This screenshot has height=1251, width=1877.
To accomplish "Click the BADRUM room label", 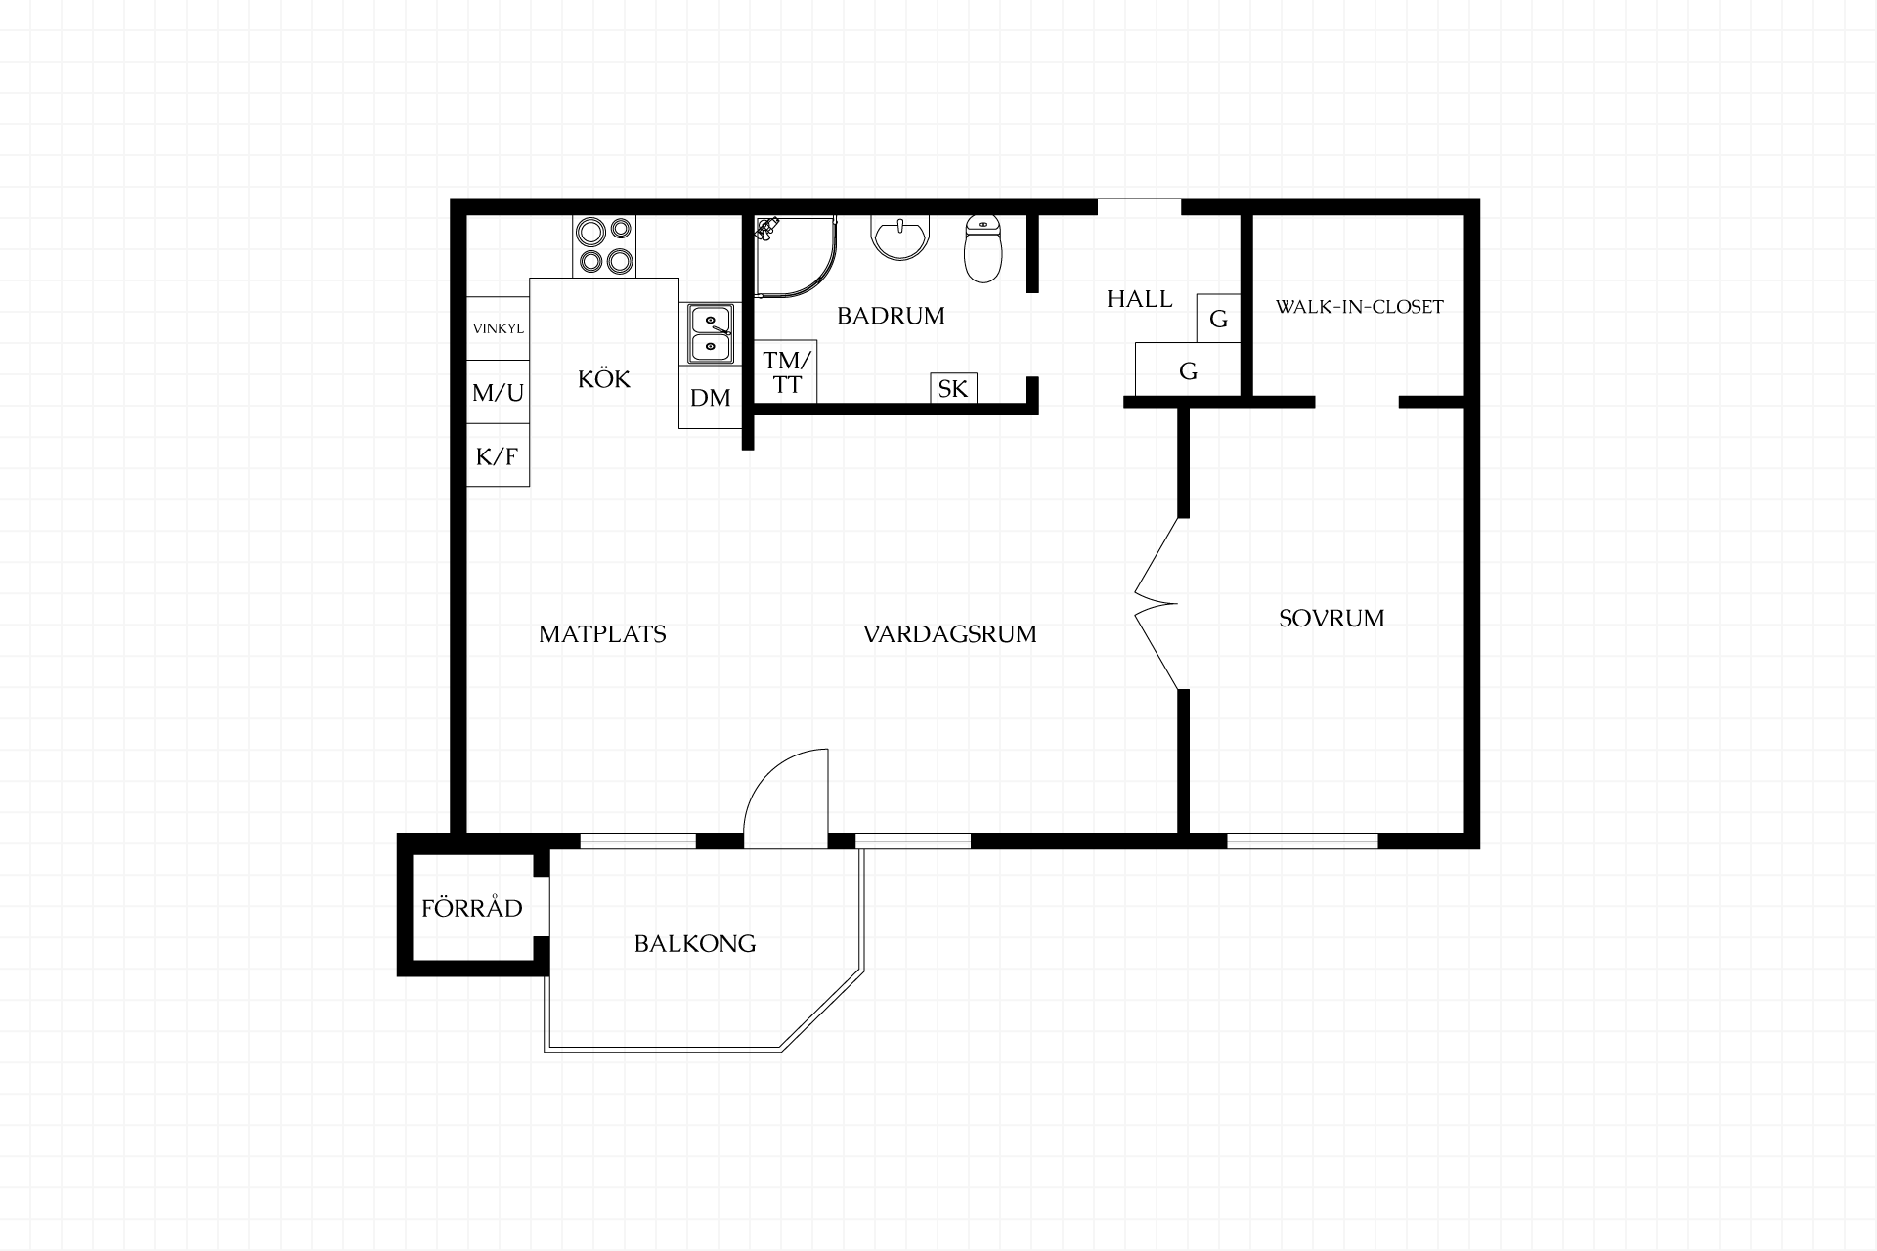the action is pos(891,316).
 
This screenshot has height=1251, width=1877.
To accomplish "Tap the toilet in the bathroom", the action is pos(983,248).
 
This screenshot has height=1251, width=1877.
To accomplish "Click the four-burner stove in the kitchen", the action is pos(604,245).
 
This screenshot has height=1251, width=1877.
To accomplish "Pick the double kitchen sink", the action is pos(711,334).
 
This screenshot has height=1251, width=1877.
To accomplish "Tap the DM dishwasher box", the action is pos(711,397).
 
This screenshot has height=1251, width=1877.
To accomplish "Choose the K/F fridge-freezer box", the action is pos(498,455).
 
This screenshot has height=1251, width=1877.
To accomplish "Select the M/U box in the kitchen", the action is pos(498,392).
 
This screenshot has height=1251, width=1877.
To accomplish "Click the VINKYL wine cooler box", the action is pos(498,328).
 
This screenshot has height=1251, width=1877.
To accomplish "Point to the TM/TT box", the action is pos(787,371).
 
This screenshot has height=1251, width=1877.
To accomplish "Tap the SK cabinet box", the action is pos(953,388).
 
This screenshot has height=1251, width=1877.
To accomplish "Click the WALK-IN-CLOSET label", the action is pos(1359,307).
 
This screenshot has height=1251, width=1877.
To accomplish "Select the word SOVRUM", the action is pos(1331,619).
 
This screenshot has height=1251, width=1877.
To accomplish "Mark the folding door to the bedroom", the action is pos(1157,604).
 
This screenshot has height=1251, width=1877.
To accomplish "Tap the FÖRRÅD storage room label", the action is pos(472,908).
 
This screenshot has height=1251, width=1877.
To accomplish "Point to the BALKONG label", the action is pos(695,944).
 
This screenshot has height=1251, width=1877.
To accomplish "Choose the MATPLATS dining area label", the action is pos(602,634).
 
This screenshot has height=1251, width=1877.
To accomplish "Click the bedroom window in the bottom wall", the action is pos(1302,841).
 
